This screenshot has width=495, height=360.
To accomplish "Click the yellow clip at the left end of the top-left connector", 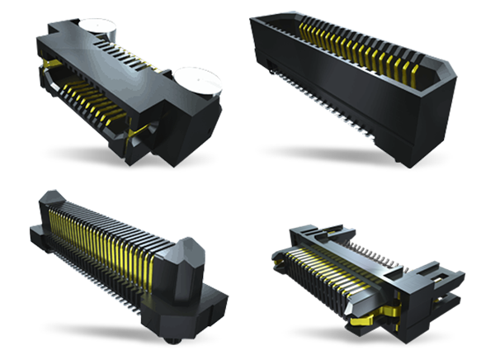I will pos(51,64).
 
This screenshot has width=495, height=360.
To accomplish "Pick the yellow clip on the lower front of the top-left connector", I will pos(140,132).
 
